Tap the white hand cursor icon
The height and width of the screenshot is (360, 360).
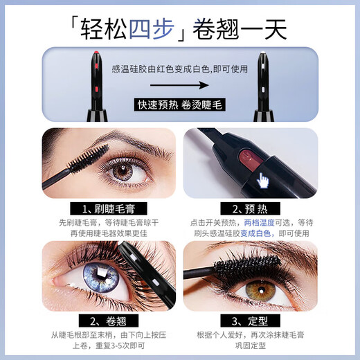coord(262,182)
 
